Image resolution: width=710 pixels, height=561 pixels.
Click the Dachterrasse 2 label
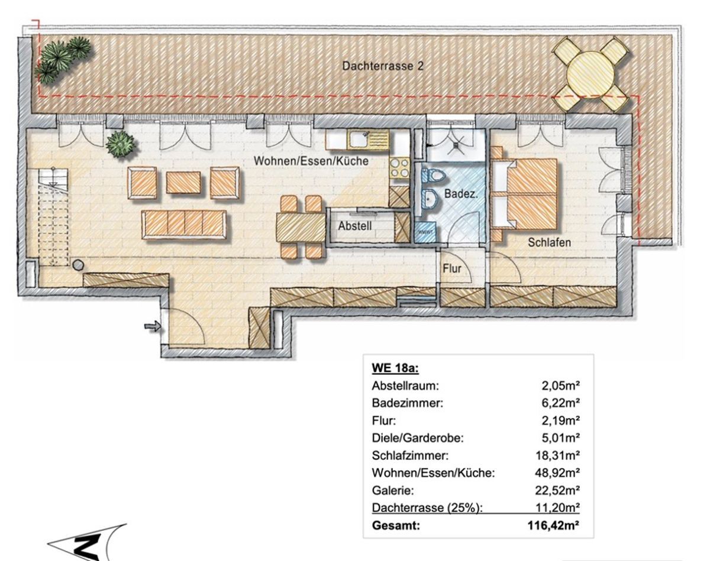383,67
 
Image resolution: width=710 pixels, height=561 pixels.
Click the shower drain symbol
453,142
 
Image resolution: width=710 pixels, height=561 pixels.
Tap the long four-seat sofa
183,225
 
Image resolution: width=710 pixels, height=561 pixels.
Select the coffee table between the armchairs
183,182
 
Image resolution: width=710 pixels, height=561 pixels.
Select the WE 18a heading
395,369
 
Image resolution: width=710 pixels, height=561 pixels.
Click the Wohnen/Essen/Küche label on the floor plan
311,161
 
